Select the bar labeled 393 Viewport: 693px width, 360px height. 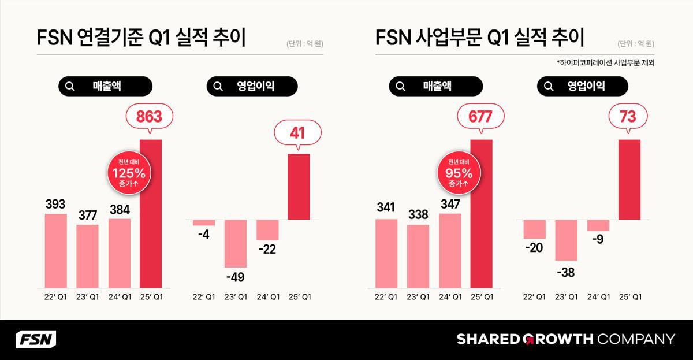pyautogui.click(x=56, y=251)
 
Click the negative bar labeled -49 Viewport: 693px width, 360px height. pyautogui.click(x=236, y=243)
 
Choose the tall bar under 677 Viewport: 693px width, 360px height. pyautogui.click(x=482, y=214)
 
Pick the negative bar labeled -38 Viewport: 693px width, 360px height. pyautogui.click(x=567, y=240)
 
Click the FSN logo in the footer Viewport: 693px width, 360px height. pyautogui.click(x=35, y=339)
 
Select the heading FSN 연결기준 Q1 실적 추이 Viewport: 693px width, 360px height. pyautogui.click(x=141, y=39)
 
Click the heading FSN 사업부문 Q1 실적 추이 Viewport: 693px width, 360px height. pyautogui.click(x=479, y=39)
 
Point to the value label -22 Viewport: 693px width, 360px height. pyautogui.click(x=267, y=249)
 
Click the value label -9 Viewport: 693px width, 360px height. pyautogui.click(x=598, y=239)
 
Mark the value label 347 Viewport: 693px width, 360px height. pyautogui.click(x=450, y=204)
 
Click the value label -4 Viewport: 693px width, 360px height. pyautogui.click(x=203, y=235)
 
